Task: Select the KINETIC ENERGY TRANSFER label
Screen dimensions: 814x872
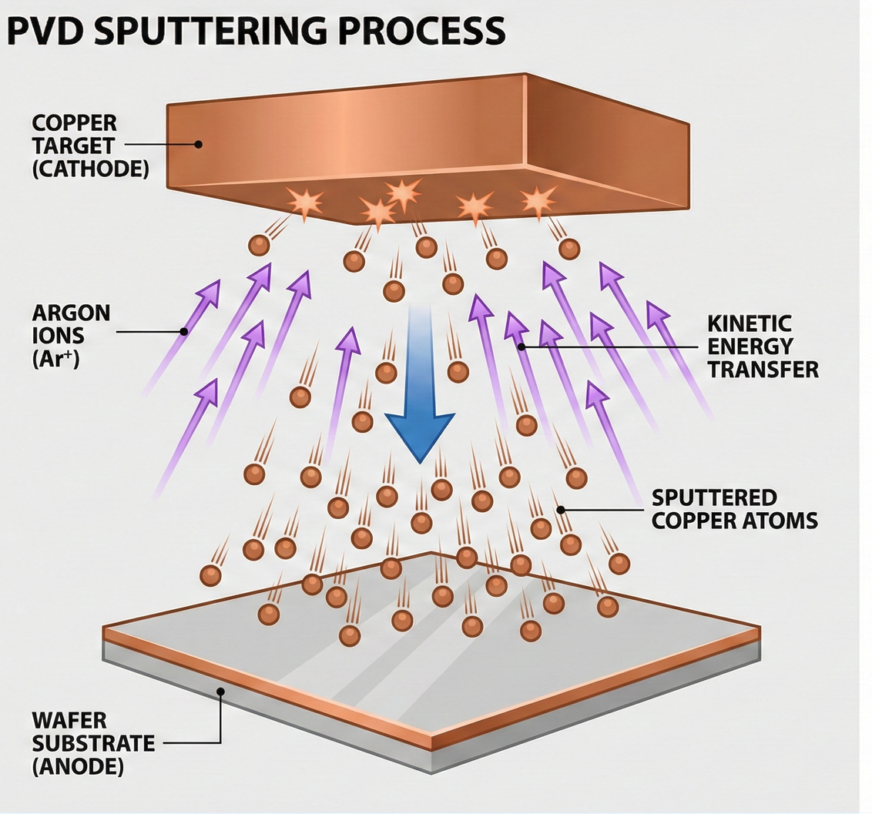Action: (x=762, y=346)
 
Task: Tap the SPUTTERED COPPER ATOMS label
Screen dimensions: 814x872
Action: (x=734, y=508)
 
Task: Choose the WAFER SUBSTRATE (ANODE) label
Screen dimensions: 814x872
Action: (x=92, y=744)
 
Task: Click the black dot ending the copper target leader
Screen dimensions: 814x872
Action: (x=199, y=143)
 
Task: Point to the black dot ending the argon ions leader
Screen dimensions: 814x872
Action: (x=184, y=332)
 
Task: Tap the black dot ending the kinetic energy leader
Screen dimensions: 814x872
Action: (x=522, y=347)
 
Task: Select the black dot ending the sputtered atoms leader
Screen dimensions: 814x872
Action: (x=562, y=509)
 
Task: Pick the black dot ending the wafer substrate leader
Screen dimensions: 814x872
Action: (x=220, y=691)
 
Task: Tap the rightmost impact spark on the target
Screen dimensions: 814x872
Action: (x=538, y=200)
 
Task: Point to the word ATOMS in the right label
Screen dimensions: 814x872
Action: (x=784, y=520)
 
